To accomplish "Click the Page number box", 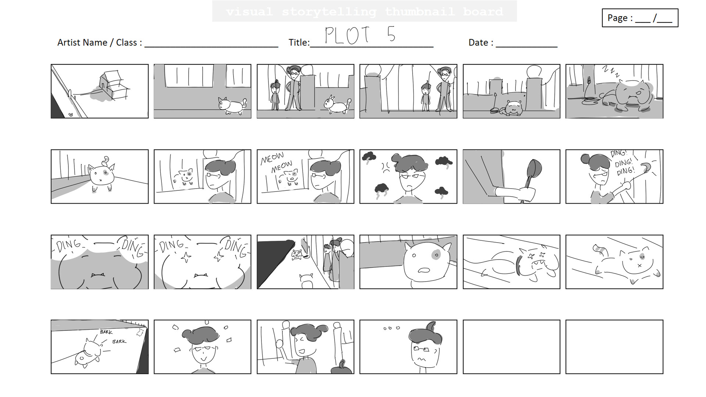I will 640,18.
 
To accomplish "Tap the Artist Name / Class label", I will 99,43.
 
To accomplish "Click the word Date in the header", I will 478,43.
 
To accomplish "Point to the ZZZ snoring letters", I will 610,71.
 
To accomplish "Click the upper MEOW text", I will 272,158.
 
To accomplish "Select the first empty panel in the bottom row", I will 511,347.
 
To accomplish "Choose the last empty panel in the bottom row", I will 614,347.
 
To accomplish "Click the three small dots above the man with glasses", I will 391,328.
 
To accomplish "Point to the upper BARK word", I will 106,332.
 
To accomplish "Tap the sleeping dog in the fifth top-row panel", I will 513,108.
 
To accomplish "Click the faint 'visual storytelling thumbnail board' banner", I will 364,11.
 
